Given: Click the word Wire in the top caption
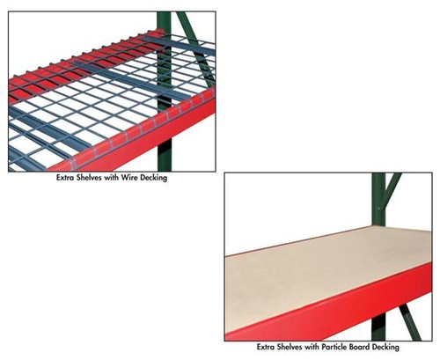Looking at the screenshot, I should coord(125,177).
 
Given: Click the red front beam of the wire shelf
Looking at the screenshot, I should coord(132,132).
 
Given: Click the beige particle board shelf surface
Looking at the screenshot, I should coord(317,273).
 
